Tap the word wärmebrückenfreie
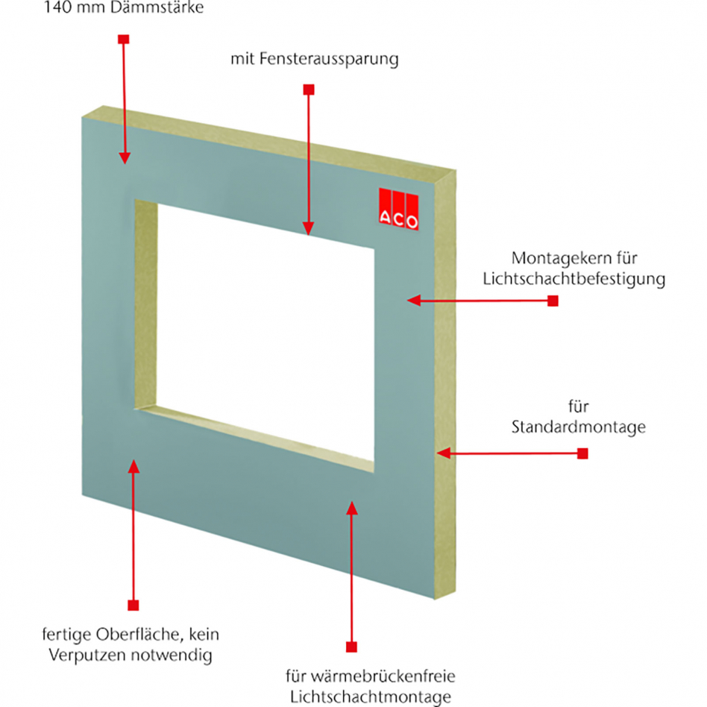[x=381, y=676]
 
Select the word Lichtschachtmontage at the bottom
[x=370, y=697]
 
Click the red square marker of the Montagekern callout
[x=553, y=301]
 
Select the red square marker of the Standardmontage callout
[x=582, y=453]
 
